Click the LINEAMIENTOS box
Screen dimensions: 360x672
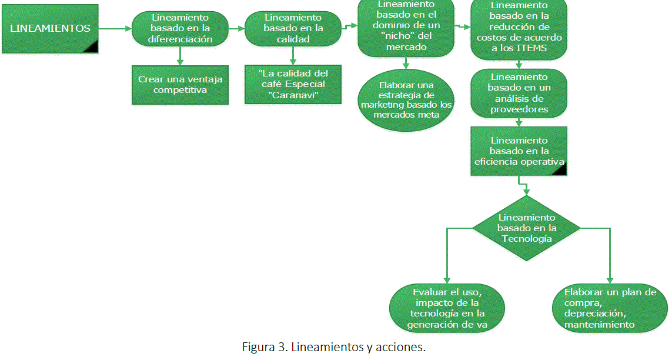[50, 28]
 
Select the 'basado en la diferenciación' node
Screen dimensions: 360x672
[179, 29]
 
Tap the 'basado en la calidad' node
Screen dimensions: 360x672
[293, 29]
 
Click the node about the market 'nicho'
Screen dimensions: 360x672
[406, 28]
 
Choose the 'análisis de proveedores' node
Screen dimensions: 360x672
[519, 93]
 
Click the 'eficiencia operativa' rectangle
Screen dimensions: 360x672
[519, 151]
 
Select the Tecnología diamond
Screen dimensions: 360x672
[526, 228]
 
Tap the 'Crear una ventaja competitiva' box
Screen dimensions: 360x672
[180, 84]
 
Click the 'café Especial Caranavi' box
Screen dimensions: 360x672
[293, 84]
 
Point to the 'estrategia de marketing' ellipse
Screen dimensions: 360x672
[406, 98]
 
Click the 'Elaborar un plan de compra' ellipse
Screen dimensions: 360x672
[610, 308]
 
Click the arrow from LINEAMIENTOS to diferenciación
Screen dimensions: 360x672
[115, 28]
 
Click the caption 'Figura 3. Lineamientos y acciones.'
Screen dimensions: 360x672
[334, 347]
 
